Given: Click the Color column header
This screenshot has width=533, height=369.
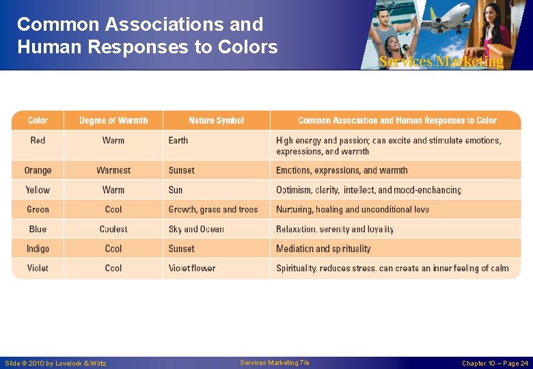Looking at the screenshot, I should pos(38,120).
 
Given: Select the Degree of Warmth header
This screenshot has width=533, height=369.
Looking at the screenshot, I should pos(113,120).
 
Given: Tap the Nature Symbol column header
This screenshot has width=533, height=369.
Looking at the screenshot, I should pos(216,120).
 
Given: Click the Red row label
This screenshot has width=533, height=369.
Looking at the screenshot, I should pos(38,140).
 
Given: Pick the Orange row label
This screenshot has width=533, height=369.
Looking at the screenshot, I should pos(38,170).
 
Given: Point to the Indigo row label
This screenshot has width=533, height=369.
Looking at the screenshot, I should pos(38,249).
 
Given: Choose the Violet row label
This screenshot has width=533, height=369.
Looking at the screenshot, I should pos(38,268).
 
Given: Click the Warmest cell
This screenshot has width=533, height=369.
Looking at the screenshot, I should pos(113,170).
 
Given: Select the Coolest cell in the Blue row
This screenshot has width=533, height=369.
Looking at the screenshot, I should pos(113,229).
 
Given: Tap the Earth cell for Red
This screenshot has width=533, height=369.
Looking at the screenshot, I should pos(178,140).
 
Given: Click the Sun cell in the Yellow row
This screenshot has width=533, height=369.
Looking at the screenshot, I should pos(176,190).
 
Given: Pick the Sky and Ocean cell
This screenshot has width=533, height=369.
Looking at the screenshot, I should pos(196,229).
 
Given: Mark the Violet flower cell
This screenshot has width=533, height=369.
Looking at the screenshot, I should pos(192,268).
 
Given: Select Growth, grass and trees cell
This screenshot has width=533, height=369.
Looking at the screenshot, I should pos(213,209).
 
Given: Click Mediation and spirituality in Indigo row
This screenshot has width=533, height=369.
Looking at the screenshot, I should pos(323,249).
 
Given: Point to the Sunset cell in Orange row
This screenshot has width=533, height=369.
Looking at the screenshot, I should pos(182,170).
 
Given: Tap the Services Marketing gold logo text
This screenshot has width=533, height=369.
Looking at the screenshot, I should pos(441,61).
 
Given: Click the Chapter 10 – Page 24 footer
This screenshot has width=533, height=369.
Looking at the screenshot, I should pos(495,363).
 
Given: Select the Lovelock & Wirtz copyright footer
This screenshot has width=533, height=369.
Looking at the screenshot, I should pos(55,363).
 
